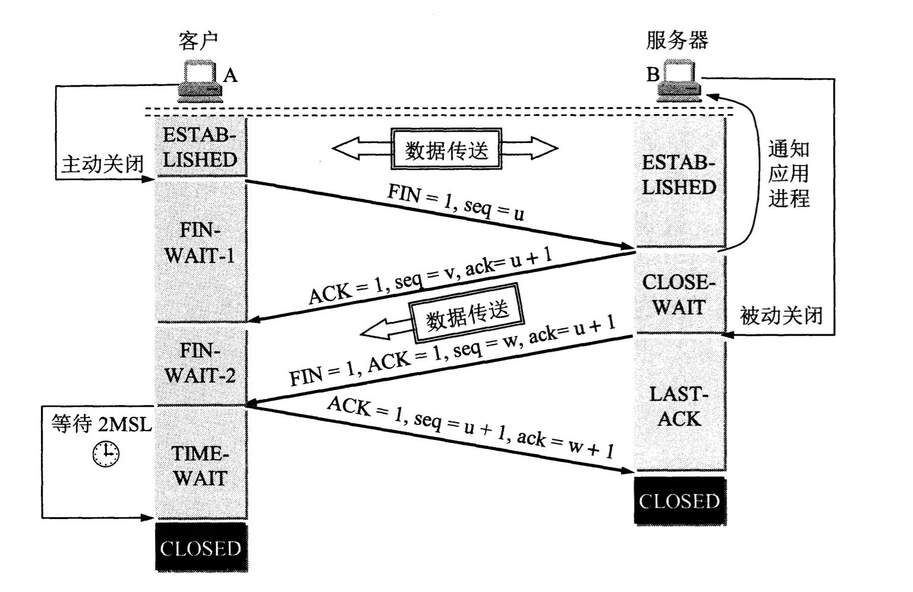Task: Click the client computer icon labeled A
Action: click(200, 81)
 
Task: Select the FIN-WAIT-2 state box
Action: click(201, 364)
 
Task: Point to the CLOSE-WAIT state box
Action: click(679, 294)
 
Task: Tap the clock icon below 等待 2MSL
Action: click(106, 454)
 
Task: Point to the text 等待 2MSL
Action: click(102, 424)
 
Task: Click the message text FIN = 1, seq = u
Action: click(455, 202)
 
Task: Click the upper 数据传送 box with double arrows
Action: click(446, 150)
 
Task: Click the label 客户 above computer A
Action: click(198, 41)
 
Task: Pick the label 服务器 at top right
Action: click(677, 40)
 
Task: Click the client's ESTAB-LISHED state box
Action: click(200, 147)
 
